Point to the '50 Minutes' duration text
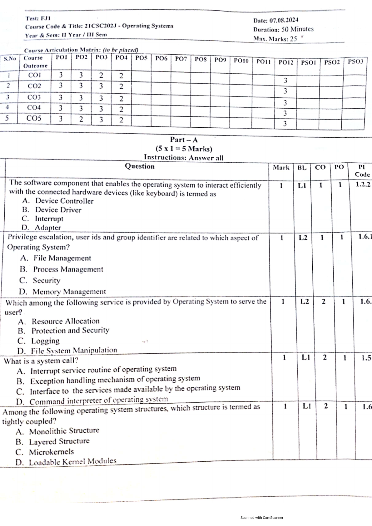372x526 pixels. coord(297,29)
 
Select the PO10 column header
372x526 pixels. coord(241,61)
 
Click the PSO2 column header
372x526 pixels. coord(332,62)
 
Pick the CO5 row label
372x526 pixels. coord(34,118)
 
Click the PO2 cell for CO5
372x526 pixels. coord(81,119)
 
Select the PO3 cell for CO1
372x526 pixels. coord(101,75)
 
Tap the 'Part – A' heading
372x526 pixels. coord(184,140)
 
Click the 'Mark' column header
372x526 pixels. coord(281,168)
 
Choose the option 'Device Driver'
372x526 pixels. coord(58,210)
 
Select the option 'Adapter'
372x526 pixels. coord(48,228)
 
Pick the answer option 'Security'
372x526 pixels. coord(47,280)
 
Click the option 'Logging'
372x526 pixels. coord(45,341)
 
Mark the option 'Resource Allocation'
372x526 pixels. coord(66,321)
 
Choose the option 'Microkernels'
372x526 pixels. coord(52,452)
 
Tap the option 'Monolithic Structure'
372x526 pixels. coord(64,431)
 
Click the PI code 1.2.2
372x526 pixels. coord(363,184)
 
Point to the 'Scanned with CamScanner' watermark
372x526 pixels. coord(262,518)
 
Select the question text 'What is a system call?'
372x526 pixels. coord(41,361)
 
